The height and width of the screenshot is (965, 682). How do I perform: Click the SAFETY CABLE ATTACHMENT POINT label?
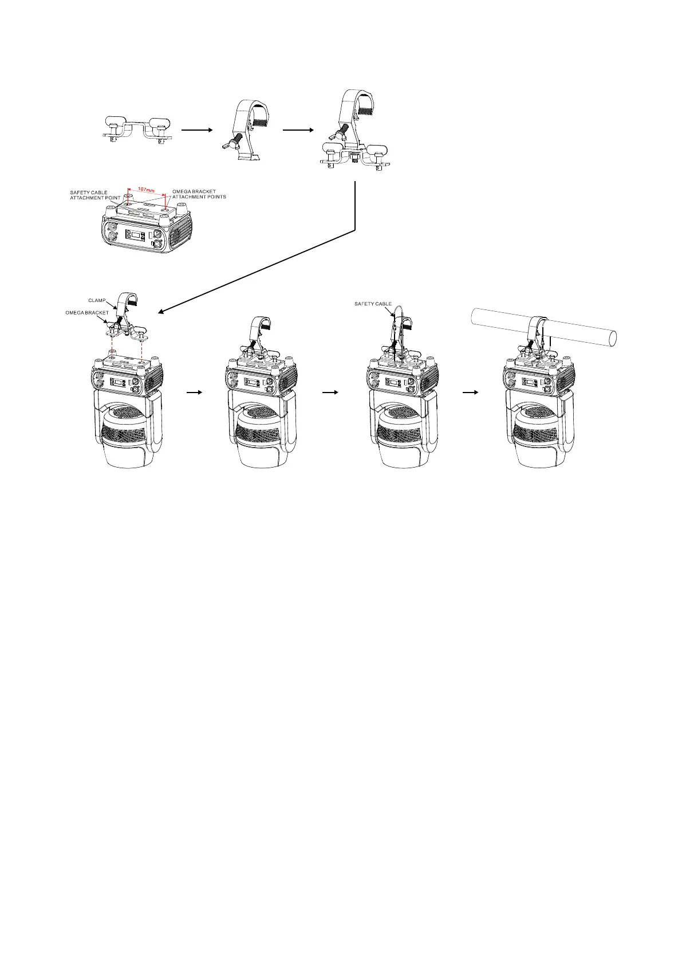tap(95, 195)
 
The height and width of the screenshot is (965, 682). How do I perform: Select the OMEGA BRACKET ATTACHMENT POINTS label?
tap(199, 194)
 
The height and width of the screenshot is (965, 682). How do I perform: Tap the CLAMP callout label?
tap(97, 300)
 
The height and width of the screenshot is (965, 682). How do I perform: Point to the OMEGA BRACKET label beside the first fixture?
tap(86, 313)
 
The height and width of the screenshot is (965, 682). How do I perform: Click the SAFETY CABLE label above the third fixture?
tap(373, 304)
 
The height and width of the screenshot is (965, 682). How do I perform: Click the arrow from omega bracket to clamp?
tap(197, 131)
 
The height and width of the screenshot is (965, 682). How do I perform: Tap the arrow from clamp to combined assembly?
tap(298, 131)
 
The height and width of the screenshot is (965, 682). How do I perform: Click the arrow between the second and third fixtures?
tap(330, 393)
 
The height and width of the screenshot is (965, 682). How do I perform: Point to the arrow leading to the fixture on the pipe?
tap(471, 393)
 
